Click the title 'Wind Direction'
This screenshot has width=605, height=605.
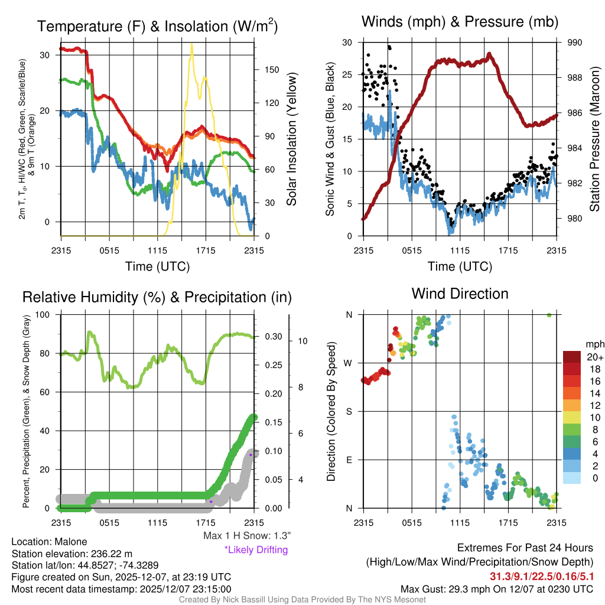(460, 294)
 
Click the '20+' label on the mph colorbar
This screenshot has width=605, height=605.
(593, 357)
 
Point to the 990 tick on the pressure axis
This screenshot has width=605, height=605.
(575, 43)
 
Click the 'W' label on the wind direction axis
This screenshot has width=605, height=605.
(349, 363)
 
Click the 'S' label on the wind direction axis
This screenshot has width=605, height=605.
(349, 411)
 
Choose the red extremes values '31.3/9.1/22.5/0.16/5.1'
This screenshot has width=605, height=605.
(541, 575)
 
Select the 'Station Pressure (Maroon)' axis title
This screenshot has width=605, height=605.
(594, 139)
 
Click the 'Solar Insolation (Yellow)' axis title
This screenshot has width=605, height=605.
(291, 139)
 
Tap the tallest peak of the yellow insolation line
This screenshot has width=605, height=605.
(191, 44)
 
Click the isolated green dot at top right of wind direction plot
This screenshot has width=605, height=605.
(549, 315)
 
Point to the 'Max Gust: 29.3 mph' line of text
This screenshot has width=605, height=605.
(496, 588)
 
